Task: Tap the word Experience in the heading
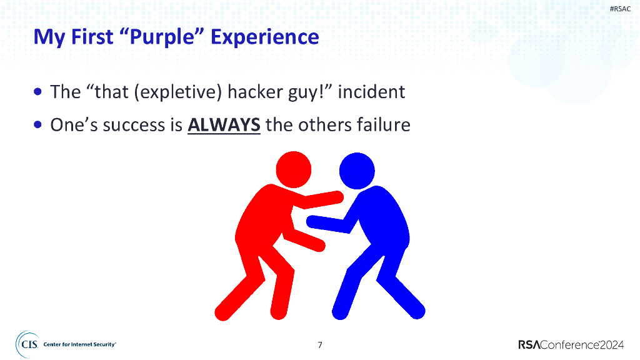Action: pos(264,37)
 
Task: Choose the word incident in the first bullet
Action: pos(372,92)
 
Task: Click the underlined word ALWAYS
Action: pos(224,125)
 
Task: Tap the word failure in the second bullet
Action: pos(383,125)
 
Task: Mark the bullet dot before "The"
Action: pos(39,92)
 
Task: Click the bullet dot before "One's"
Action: pos(39,125)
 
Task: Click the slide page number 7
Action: pos(320,344)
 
